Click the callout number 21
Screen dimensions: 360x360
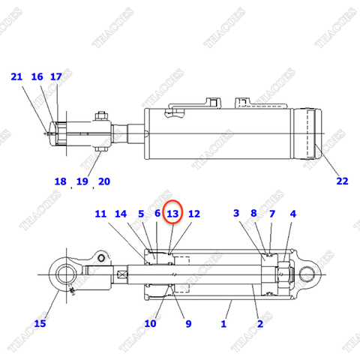point(17,76)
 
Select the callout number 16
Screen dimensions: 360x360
point(37,76)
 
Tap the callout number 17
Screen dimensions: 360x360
point(56,76)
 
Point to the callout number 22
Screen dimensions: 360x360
point(342,180)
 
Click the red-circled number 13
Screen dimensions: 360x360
point(173,214)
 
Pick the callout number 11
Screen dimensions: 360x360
point(101,214)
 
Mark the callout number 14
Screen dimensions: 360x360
point(121,214)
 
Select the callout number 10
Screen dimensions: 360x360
point(150,323)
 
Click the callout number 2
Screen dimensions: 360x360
point(259,323)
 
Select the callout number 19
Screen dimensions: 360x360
point(82,181)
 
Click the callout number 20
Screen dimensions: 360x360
point(103,181)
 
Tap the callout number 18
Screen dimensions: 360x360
point(60,181)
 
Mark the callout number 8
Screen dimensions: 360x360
point(254,214)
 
